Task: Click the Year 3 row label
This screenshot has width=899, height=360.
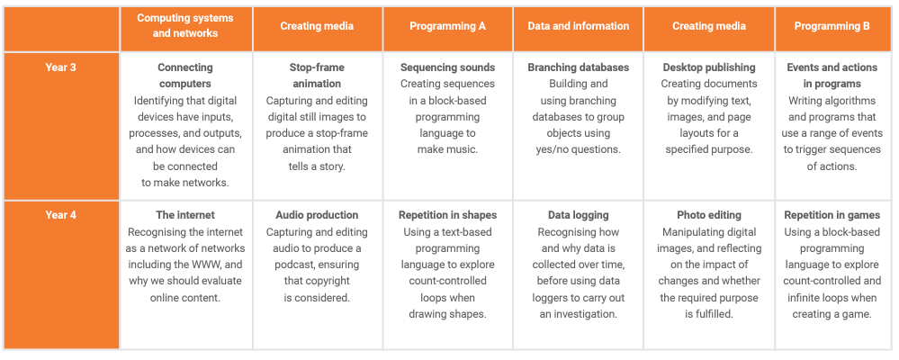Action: tap(61, 67)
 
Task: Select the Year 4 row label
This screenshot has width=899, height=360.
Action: tap(61, 215)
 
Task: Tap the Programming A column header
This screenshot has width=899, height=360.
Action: tap(447, 26)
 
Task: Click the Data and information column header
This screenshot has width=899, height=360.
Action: tap(578, 26)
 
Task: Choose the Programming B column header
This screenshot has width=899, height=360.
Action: tap(832, 26)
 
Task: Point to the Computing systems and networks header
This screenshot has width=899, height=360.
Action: tap(185, 25)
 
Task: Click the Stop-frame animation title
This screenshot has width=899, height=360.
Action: tap(317, 75)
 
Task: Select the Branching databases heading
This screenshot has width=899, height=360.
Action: tap(578, 67)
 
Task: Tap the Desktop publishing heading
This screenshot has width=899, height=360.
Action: tap(708, 67)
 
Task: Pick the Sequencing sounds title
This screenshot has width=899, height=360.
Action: tap(447, 67)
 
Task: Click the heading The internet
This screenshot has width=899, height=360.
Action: tap(185, 215)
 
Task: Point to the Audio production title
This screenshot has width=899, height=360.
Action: tap(317, 215)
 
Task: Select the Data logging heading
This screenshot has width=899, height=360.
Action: tap(578, 215)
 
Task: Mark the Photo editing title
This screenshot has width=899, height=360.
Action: tap(708, 215)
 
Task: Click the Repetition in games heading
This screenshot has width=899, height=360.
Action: tap(832, 215)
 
